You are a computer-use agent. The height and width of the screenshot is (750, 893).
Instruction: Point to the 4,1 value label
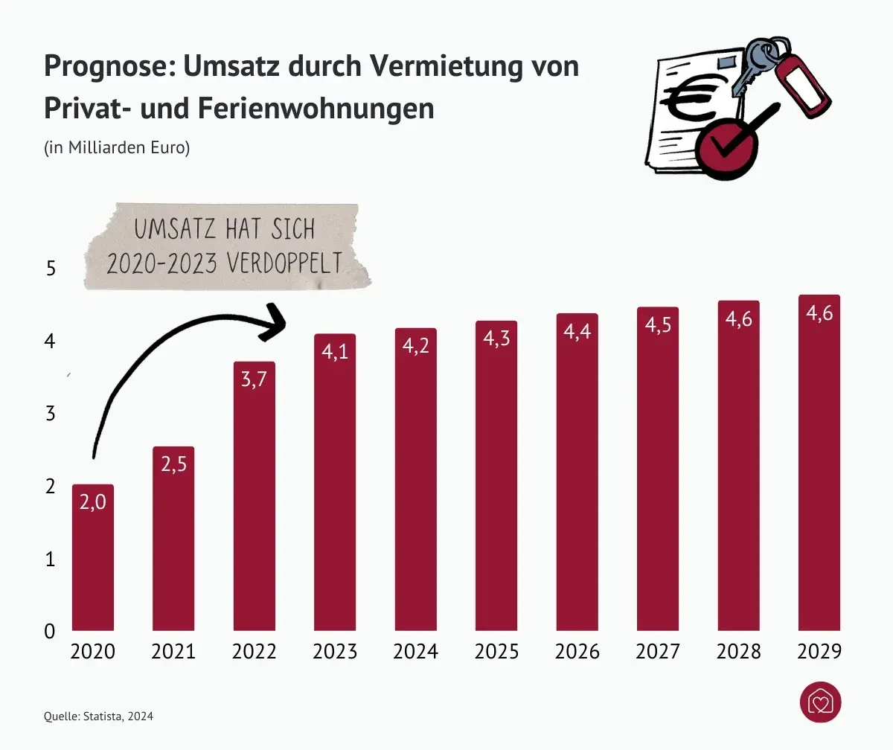click(x=335, y=352)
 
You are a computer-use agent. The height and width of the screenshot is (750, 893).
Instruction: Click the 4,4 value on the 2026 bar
click(x=577, y=332)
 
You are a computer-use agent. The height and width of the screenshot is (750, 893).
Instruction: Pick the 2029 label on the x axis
click(x=819, y=652)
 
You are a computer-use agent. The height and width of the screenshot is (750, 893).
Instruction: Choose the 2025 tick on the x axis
click(x=496, y=652)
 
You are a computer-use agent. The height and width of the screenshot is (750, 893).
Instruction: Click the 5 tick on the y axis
click(x=51, y=269)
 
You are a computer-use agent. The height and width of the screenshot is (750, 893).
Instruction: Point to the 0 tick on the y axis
click(x=51, y=631)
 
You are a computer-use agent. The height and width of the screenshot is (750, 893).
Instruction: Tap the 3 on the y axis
click(x=51, y=414)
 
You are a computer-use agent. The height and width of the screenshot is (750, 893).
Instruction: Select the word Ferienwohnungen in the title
click(x=316, y=109)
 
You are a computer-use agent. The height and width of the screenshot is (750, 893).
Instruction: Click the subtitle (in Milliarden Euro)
click(x=118, y=147)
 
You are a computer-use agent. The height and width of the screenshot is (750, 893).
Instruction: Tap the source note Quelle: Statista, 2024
click(x=99, y=717)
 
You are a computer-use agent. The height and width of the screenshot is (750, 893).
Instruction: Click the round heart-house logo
click(x=820, y=702)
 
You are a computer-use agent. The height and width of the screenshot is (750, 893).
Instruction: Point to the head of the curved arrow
click(x=277, y=321)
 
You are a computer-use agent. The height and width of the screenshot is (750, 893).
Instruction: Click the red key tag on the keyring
click(x=803, y=83)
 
